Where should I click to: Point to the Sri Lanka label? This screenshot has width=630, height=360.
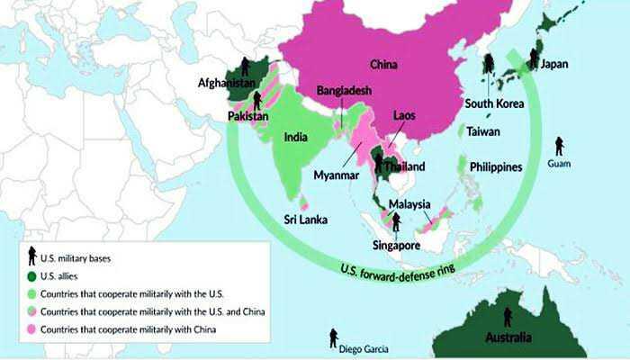pos(305,219)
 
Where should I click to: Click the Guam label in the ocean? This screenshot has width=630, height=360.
pos(559,164)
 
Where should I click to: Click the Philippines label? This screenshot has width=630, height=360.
pos(496,167)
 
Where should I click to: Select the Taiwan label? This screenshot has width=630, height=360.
pos(484,131)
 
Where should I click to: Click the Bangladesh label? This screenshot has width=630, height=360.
pos(346,91)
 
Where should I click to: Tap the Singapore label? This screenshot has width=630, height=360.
pos(397,244)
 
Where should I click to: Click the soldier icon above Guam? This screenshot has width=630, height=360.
pos(559,145)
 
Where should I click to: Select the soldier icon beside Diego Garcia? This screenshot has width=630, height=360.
pos(334,337)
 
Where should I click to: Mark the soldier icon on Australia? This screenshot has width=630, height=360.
pos(507,317)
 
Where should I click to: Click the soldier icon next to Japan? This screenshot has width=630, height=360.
pos(534,58)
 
